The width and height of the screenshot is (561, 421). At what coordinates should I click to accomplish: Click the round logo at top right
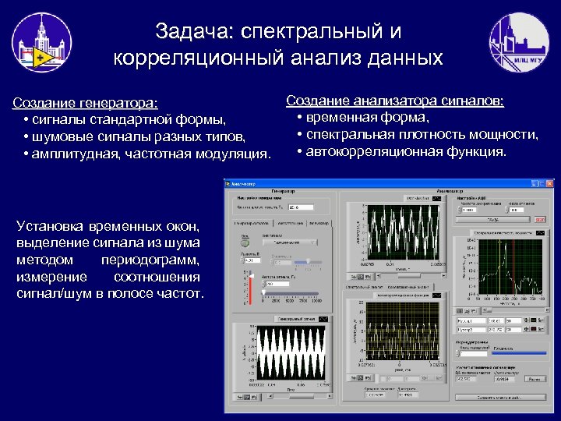point(518,44)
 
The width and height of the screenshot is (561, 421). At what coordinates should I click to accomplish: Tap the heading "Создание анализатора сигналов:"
point(394,101)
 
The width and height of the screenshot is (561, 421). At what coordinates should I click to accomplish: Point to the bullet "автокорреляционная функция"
point(405,150)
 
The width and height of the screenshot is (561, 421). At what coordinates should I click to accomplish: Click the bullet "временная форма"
point(367,118)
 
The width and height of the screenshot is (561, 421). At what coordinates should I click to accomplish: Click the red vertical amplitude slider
point(250,287)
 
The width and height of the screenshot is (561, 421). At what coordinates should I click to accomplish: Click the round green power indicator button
point(245,242)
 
